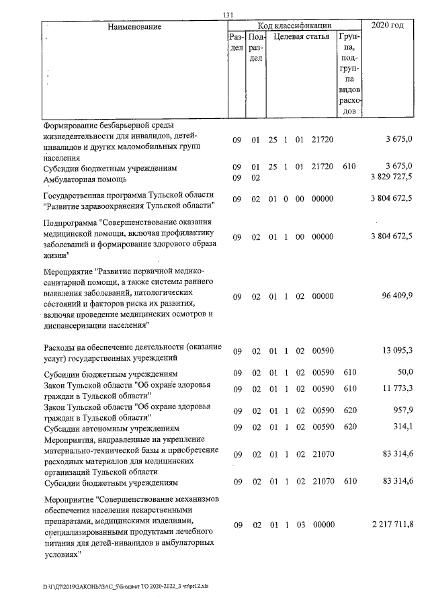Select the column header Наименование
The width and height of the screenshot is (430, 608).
[x=134, y=26]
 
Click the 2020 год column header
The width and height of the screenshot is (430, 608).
[x=391, y=26]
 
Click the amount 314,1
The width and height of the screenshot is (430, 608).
[x=404, y=427]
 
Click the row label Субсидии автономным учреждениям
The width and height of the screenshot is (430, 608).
[x=111, y=428]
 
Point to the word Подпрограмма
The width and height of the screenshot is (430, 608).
[x=71, y=223]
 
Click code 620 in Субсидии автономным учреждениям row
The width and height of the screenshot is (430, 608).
[x=349, y=427]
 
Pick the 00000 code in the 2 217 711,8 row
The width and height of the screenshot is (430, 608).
[x=323, y=524]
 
